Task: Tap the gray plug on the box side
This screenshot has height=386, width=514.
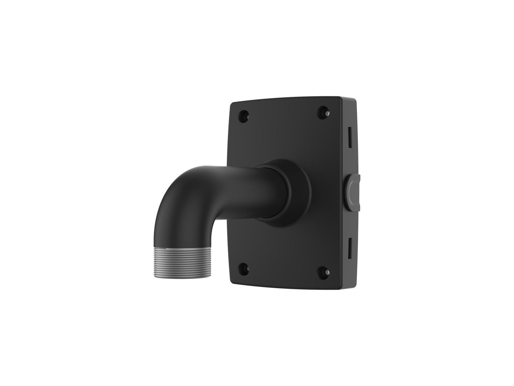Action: point(352,190)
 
